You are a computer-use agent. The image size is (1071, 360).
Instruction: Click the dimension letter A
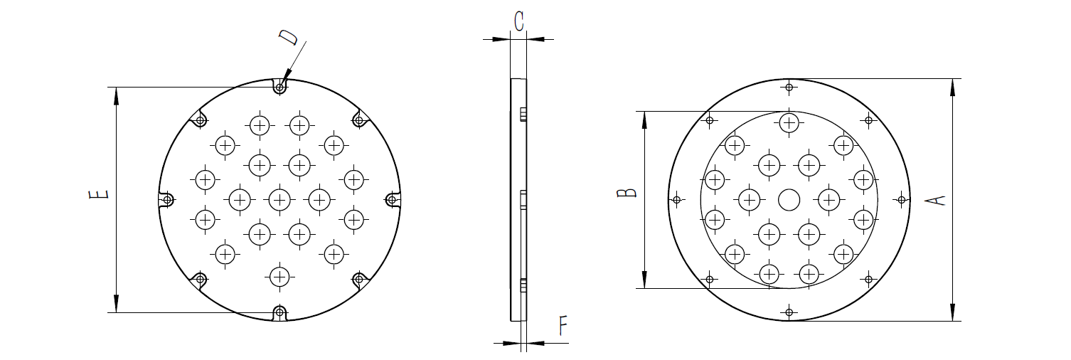tap(939, 200)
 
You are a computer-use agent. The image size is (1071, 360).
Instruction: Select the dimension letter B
tap(627, 193)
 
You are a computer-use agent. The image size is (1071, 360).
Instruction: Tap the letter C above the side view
tap(518, 21)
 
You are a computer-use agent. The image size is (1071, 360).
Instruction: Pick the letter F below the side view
tap(563, 326)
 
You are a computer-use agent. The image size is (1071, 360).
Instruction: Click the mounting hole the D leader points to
tap(280, 88)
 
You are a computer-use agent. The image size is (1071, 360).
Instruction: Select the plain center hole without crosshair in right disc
tap(789, 200)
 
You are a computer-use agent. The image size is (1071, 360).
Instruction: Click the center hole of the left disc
tap(280, 199)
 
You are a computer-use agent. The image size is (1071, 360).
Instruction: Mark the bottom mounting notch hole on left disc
tap(280, 312)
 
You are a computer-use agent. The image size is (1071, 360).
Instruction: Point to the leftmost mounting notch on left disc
tap(168, 200)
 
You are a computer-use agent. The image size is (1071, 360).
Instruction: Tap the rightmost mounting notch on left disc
tap(390, 199)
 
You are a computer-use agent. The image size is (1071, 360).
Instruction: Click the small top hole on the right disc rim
tap(789, 88)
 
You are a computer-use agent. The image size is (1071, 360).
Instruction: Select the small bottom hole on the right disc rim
tap(789, 312)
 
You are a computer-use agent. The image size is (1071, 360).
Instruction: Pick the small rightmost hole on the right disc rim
tap(901, 200)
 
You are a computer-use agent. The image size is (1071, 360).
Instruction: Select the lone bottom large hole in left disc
tap(280, 276)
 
